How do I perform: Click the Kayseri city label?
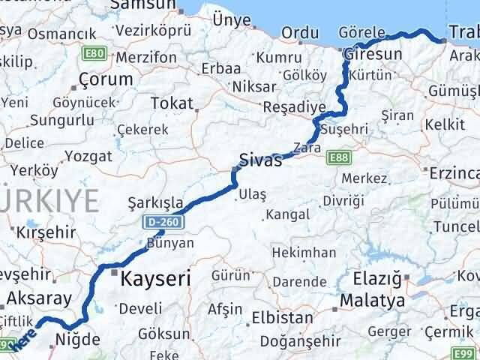pos(157,278)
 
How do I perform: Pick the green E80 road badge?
pos(96,55)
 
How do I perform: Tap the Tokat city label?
pos(172,103)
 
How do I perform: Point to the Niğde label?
pos(78,340)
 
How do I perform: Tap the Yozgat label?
pos(88,156)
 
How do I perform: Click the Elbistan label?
pos(283,317)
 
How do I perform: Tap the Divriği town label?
pos(343,200)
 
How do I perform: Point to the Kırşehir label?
pos(46,232)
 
